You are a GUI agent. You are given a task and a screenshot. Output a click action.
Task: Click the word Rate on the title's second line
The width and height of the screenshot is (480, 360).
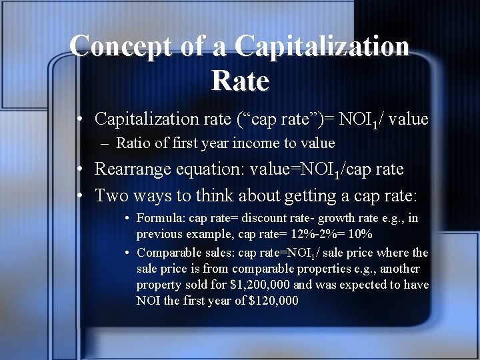point(240,81)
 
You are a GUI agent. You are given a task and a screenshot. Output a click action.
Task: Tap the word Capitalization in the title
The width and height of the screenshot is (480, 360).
point(321,46)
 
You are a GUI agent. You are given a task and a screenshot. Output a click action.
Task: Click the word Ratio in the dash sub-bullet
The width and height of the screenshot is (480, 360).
point(130,143)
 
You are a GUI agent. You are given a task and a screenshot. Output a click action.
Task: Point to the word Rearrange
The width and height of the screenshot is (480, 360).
point(133,169)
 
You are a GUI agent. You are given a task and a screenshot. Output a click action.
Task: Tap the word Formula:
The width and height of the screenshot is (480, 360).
point(161,218)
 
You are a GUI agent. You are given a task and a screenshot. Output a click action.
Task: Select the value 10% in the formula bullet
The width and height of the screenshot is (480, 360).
point(361,234)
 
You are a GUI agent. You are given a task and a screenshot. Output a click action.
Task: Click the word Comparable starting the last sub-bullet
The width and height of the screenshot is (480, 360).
point(167,253)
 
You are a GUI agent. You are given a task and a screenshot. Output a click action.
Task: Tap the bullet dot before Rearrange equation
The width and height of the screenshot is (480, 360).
point(79,170)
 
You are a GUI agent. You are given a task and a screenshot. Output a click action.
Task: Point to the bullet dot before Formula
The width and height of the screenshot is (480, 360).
point(127,219)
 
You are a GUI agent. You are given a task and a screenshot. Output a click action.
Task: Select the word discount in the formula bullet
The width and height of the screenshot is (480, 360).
point(263,218)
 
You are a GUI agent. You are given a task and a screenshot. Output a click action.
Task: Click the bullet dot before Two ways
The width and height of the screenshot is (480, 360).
point(79,196)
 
